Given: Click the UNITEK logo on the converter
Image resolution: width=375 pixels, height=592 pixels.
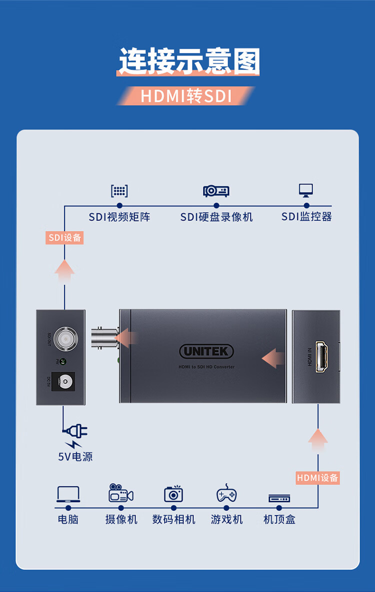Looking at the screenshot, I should coord(206,351).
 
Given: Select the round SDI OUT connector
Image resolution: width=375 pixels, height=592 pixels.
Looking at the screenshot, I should coord(63,337).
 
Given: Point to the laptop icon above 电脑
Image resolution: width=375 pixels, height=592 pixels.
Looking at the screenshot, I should coord(68,494).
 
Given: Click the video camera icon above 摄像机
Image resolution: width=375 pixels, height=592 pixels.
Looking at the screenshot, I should coord(121,493).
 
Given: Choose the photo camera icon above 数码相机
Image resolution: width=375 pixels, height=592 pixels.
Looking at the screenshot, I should coord(173,493).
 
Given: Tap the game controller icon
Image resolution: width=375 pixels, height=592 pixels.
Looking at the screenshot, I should coord(226,493).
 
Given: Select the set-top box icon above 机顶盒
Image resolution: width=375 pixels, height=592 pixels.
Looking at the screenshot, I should coord(279,498).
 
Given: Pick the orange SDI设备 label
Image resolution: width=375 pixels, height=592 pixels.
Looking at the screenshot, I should coord(64,237).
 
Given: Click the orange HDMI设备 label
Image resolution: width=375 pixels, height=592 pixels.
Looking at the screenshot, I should coord(317,477).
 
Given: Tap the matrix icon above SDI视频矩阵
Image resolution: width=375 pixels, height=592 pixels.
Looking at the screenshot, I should coord(119,191).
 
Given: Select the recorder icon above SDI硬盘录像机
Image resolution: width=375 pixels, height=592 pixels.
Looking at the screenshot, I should coord(216,190).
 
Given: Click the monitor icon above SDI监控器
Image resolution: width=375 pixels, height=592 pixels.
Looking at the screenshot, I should coord(306,190).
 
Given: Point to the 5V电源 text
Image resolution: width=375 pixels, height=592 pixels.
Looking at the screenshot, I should coord(75,456).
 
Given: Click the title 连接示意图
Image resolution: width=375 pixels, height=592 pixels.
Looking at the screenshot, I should coord(189,61).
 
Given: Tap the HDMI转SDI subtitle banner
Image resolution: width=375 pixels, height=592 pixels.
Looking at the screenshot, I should coord(186,96).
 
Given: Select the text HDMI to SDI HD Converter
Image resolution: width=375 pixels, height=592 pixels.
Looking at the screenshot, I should coord(206,367).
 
